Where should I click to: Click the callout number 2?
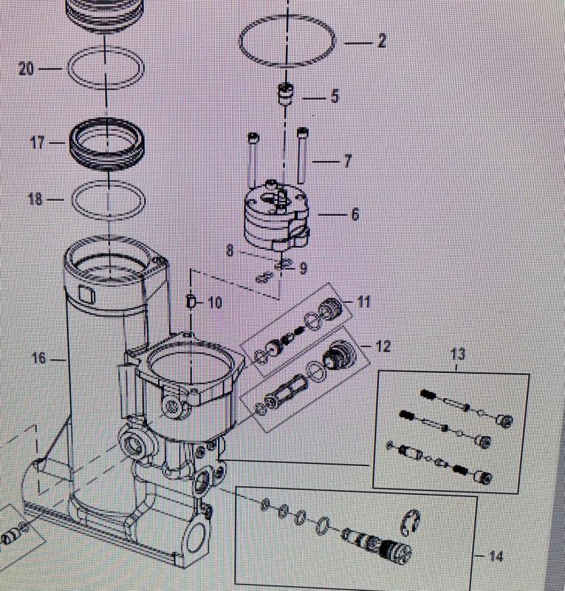pos(381,42)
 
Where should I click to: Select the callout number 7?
pos(347,160)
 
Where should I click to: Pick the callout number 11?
pos(363,302)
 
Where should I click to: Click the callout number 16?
pos(39,358)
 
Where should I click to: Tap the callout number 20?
pos(27,69)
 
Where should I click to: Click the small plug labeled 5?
pos(284,96)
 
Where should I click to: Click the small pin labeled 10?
pos(191,301)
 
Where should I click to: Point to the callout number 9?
pos(303,267)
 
